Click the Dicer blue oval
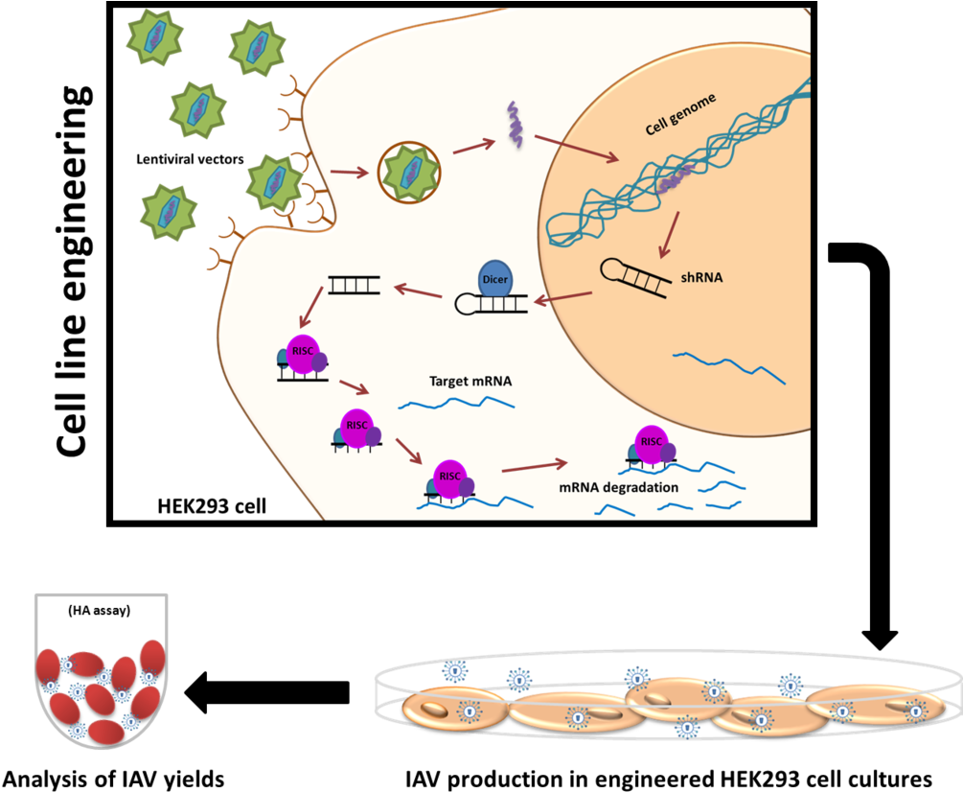[495, 277]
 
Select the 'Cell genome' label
[680, 114]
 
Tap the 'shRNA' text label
[701, 277]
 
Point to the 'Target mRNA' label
[470, 381]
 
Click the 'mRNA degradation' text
[619, 487]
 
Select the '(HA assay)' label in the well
[100, 611]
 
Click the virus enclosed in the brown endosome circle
[410, 173]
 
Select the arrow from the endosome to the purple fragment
[473, 147]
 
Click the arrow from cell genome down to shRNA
[670, 234]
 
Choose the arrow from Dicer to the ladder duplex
[416, 291]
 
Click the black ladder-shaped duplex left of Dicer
[354, 285]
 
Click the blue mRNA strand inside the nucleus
[729, 367]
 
